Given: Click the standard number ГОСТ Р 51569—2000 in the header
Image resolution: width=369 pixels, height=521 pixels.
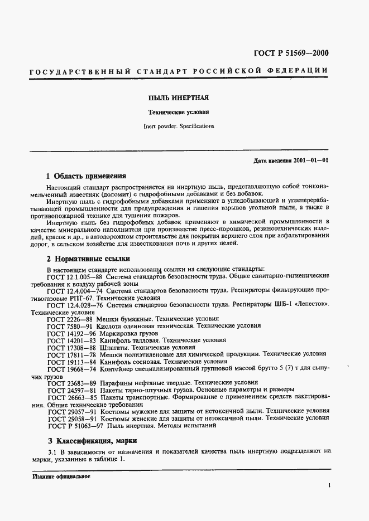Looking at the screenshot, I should (283, 53).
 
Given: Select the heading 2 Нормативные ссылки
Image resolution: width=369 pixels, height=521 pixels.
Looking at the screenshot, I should (88, 259).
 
